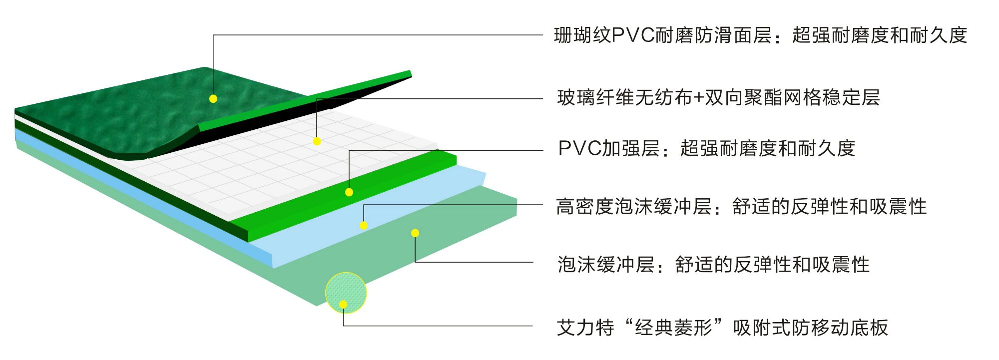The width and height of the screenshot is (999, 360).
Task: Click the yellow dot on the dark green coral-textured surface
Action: click(x=213, y=99)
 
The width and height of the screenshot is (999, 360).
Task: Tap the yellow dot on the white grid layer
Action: click(x=317, y=141)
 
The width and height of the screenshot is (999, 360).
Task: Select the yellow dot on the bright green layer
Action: click(x=349, y=192)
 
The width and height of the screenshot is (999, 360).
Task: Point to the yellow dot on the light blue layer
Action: click(x=364, y=225)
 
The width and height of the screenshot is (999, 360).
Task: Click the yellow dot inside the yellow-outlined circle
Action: click(x=343, y=304)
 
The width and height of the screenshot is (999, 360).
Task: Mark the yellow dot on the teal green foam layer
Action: click(x=415, y=233)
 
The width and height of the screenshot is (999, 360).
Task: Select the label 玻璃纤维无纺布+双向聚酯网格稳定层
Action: click(x=718, y=98)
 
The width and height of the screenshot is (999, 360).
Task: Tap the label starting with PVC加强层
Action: click(x=706, y=149)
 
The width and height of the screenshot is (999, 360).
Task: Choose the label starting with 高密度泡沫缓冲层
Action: click(x=741, y=207)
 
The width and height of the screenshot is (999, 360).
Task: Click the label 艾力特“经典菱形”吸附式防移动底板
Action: click(x=722, y=328)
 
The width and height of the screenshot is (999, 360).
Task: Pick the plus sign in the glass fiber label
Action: click(x=698, y=98)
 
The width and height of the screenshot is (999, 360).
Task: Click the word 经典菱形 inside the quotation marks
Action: click(x=673, y=328)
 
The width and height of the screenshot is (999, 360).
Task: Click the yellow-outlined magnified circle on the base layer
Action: click(x=346, y=293)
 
